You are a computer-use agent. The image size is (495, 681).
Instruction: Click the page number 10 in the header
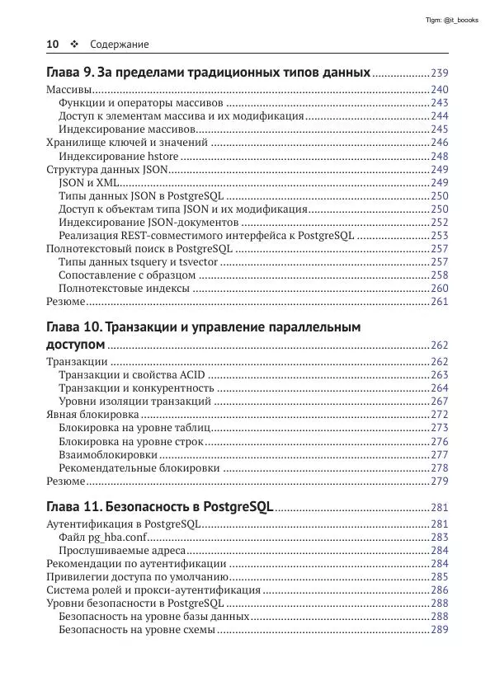[52, 44]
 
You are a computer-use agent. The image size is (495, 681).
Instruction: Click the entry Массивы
[68, 90]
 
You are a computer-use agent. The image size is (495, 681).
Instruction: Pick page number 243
[439, 103]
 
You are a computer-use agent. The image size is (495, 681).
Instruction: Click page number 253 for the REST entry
[439, 235]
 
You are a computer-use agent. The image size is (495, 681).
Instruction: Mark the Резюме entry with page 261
[65, 301]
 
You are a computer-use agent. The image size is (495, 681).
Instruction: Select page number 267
[439, 402]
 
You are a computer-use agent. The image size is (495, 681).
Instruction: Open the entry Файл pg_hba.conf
[100, 537]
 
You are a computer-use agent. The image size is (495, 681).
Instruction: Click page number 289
[439, 630]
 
